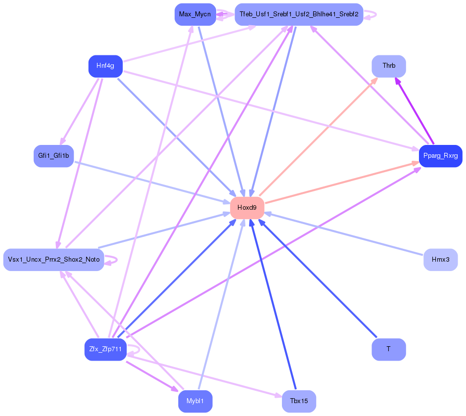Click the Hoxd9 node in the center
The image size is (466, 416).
coord(247,208)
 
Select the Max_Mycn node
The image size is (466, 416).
coord(195,14)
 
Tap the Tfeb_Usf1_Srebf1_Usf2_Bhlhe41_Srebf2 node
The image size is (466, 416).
coord(299,14)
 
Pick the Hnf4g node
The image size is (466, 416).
coord(105,66)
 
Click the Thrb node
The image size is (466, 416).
coord(389,66)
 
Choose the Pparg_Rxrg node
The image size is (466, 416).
coord(440,156)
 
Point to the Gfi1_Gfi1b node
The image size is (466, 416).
coord(53,156)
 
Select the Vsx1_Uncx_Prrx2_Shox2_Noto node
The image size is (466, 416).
coord(53,260)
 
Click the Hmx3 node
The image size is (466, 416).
coord(440,260)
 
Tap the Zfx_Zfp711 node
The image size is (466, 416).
coord(105,350)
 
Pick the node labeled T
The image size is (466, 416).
coord(389,350)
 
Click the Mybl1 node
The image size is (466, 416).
coord(195,401)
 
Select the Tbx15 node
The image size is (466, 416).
coord(299,401)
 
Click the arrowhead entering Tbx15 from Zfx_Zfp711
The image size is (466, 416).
coord(278,395)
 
